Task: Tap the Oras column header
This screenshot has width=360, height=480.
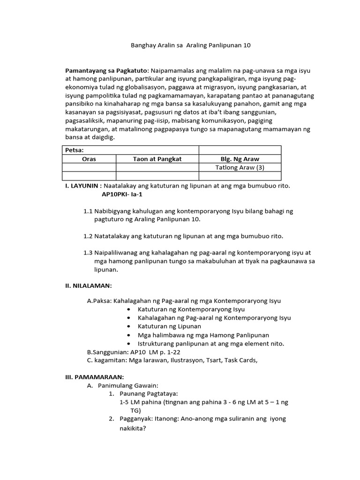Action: (89, 159)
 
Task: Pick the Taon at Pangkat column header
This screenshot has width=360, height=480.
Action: (157, 159)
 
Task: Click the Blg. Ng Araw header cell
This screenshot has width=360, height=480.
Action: (240, 159)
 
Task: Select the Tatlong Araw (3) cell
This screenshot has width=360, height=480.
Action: (240, 167)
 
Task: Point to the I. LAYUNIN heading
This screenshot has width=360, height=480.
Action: (83, 186)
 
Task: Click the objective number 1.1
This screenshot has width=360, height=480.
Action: (88, 211)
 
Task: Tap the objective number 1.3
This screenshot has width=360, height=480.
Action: (88, 253)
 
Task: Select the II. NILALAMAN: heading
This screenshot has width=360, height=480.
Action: (89, 285)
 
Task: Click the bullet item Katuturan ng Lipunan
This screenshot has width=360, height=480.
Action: (169, 326)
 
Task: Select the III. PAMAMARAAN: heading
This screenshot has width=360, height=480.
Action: (94, 376)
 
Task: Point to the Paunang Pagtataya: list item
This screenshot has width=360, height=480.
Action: (149, 394)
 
